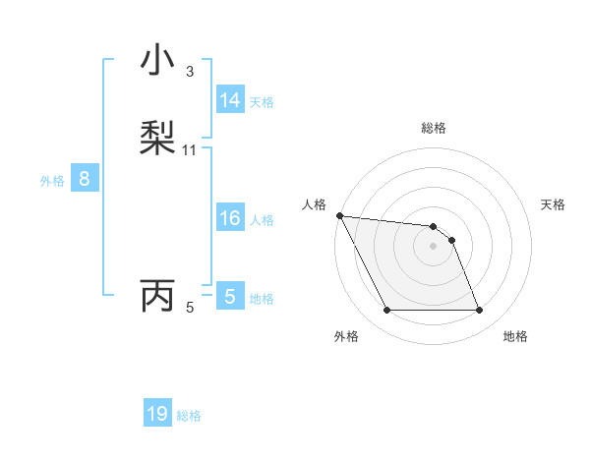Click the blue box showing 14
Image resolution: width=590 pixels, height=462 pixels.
tap(230, 100)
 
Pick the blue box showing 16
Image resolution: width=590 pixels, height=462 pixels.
tap(230, 218)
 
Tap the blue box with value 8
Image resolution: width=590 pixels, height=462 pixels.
tap(85, 179)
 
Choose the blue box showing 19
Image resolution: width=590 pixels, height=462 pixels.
tap(157, 414)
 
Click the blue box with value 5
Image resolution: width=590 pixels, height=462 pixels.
tap(229, 296)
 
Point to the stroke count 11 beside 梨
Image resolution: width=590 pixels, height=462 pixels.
tap(190, 150)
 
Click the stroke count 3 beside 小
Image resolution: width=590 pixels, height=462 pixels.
tap(190, 72)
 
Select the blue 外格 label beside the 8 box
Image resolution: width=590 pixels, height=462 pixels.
tap(52, 180)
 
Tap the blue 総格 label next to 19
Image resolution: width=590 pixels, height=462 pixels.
tap(189, 416)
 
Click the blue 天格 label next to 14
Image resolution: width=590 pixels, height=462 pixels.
tap(262, 101)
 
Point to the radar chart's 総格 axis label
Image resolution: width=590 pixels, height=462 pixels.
tap(434, 128)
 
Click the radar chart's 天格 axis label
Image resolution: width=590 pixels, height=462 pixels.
tap(553, 204)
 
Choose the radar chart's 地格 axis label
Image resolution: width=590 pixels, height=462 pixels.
tap(515, 336)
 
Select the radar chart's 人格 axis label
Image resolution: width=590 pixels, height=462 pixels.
tap(314, 204)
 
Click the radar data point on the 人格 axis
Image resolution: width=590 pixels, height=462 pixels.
tap(339, 215)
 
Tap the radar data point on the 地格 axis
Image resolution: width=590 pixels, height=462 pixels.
tap(479, 311)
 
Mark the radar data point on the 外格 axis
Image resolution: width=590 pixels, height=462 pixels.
tap(386, 311)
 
